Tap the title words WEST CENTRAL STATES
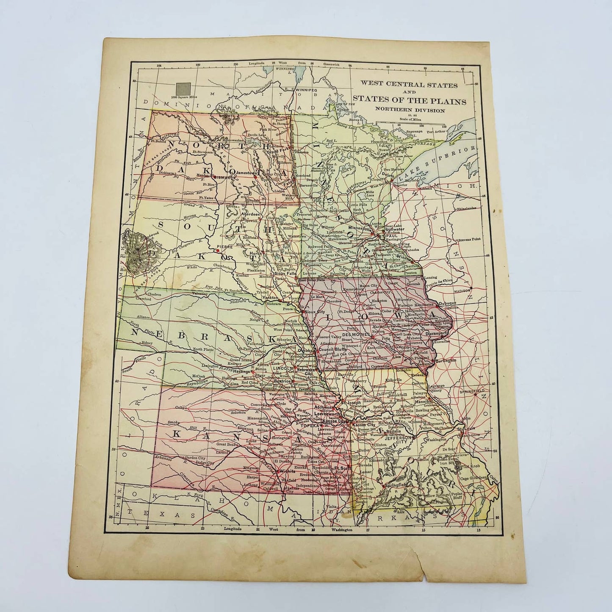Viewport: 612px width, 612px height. [x=408, y=85]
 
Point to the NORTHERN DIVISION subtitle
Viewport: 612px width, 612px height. [x=409, y=110]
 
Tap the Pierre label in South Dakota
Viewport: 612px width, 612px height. [x=222, y=246]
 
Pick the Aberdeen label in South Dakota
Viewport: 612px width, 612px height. [x=250, y=214]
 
